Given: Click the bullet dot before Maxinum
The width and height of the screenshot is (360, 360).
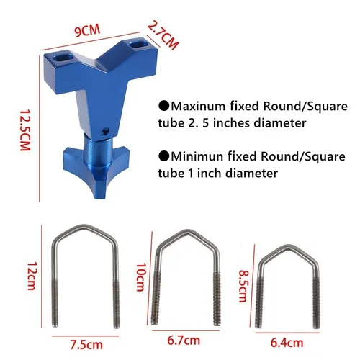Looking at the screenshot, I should pos(164,104).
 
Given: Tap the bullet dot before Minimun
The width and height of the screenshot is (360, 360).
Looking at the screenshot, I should pos(164,155).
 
